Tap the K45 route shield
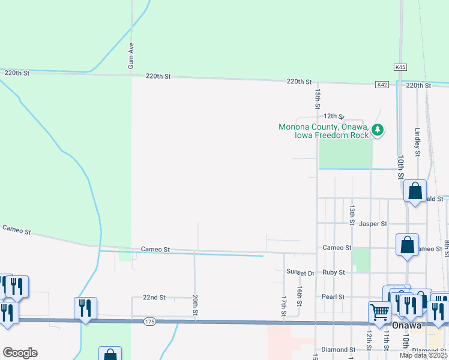tap(400, 67)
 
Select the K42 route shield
tap(382, 85)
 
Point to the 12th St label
tap(334, 116)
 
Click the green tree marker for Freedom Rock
tap(378, 130)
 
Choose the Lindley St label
tap(418, 139)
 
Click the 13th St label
tap(352, 211)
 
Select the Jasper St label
tap(373, 224)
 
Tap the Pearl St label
tap(333, 297)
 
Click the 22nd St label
tap(154, 297)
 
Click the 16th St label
tap(298, 294)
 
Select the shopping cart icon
tap(379, 311)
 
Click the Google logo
tap(20, 353)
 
